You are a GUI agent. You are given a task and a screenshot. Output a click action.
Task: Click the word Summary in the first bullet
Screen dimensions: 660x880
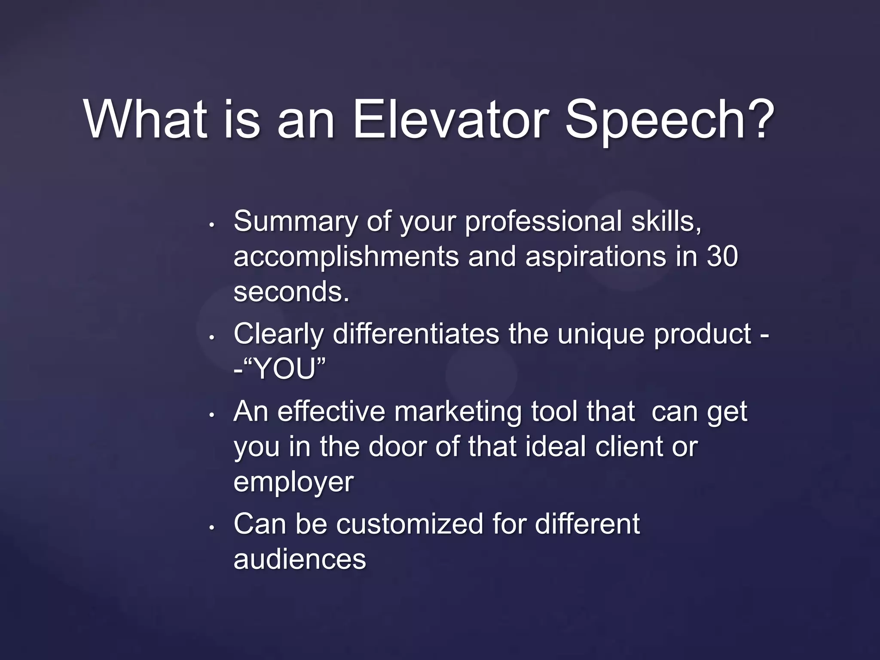tap(295, 222)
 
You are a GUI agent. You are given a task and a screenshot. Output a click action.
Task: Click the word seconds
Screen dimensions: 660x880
tap(291, 292)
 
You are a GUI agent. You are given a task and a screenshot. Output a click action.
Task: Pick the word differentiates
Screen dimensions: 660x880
tap(416, 334)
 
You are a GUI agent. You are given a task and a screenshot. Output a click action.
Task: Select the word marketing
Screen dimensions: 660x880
tap(458, 412)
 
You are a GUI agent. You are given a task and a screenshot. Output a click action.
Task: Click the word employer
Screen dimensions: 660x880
tap(293, 483)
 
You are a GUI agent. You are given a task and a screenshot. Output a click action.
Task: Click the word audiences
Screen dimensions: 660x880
tap(299, 559)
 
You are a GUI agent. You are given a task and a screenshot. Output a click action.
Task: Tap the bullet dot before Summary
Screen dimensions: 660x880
tap(211, 225)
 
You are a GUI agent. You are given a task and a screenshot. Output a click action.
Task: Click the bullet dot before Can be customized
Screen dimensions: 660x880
tap(211, 528)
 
